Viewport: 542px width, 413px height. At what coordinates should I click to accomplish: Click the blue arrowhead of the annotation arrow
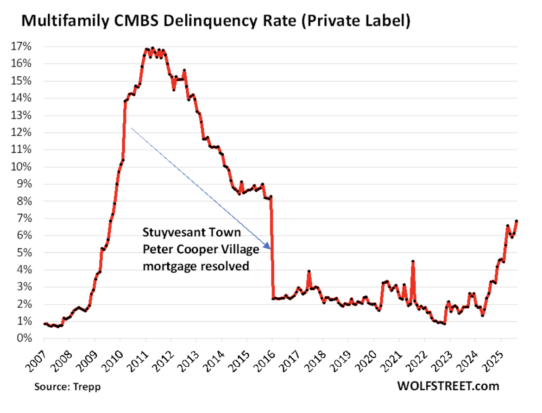pyautogui.click(x=267, y=246)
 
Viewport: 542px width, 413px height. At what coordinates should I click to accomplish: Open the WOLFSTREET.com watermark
pyautogui.click(x=447, y=386)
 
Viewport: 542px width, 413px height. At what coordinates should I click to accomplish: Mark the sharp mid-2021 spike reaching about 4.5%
pyautogui.click(x=413, y=262)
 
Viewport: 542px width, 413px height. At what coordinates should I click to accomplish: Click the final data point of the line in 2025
pyautogui.click(x=516, y=221)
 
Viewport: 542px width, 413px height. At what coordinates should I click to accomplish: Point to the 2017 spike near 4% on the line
pyautogui.click(x=309, y=272)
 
